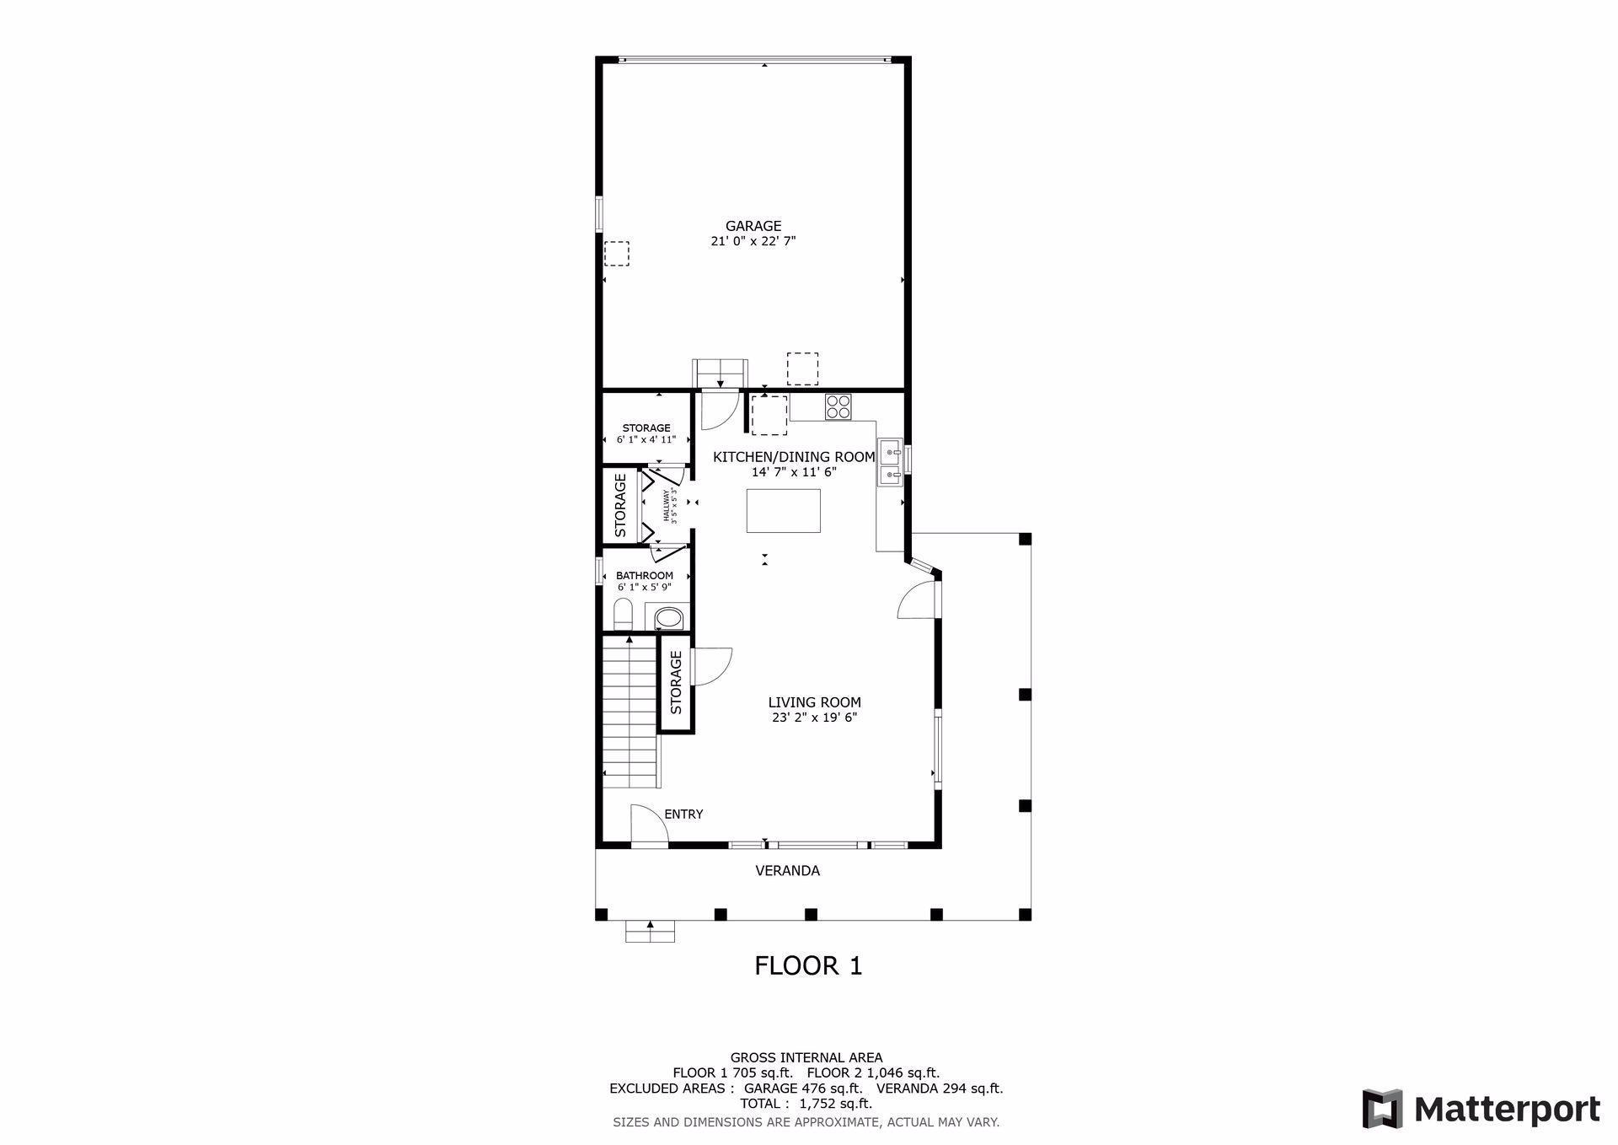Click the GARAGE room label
click(753, 226)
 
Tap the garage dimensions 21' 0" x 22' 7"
click(753, 241)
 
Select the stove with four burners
click(838, 406)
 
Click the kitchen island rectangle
click(784, 511)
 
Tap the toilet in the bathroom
click(623, 614)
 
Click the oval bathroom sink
click(669, 618)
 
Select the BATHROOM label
click(645, 576)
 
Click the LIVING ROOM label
click(814, 702)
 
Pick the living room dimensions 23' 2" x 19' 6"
click(814, 718)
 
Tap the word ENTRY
click(683, 814)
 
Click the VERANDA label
click(787, 871)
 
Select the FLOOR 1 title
click(808, 965)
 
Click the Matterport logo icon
click(1383, 1109)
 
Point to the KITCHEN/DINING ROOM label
click(794, 457)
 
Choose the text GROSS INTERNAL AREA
click(806, 1057)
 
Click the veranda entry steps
click(650, 930)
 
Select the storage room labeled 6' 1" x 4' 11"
click(646, 427)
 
